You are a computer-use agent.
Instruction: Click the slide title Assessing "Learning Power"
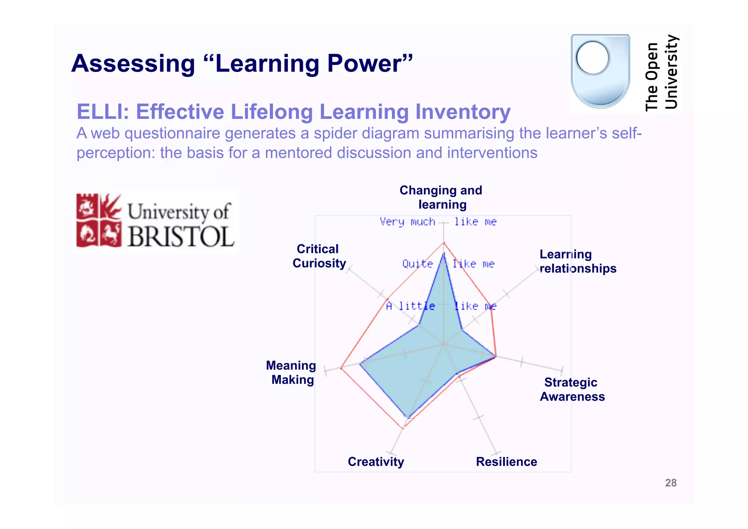point(242,64)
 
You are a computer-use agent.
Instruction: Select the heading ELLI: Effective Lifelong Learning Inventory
point(293,112)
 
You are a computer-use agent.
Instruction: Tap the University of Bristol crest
point(99,220)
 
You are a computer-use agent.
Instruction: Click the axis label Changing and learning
point(441,197)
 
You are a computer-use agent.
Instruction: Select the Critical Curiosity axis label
point(319,256)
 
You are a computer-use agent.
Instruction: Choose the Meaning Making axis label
point(291,373)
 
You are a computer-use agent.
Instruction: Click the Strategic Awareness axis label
point(572,389)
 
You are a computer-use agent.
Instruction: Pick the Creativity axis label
point(376,462)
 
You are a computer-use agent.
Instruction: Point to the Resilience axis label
point(506,462)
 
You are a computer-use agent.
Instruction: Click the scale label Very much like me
point(438,222)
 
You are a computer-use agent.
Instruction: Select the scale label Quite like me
point(448,264)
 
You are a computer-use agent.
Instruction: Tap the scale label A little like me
point(441,306)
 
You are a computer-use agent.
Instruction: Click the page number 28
point(671,483)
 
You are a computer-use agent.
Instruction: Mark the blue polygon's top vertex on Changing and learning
point(444,253)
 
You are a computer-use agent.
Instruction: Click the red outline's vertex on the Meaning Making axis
point(341,368)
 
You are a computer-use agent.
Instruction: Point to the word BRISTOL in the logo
point(181,237)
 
